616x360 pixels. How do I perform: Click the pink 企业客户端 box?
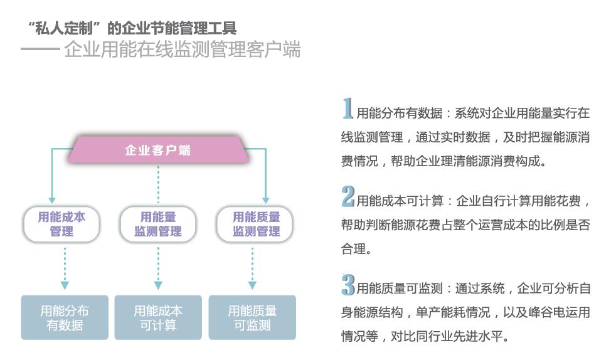coord(157,151)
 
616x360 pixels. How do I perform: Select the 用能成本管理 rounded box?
coord(61,224)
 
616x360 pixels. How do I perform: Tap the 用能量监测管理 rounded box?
coord(158,224)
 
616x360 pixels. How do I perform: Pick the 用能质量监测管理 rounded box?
coord(256,224)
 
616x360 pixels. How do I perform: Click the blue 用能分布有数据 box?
coord(65,317)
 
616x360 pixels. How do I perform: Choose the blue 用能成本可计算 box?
coord(158,317)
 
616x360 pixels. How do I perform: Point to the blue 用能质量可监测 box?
coord(252,317)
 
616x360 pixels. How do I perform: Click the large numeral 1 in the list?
coord(347,109)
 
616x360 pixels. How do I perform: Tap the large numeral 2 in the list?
coord(348,197)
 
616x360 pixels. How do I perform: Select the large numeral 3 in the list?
coord(348,285)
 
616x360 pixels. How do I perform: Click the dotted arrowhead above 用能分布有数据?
coord(65,285)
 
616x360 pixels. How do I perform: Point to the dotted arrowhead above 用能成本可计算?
coord(158,285)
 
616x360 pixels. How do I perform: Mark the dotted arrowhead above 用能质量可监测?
coord(252,285)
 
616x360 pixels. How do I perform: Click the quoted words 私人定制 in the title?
coord(65,28)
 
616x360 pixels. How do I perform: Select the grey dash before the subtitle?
coord(40,49)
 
